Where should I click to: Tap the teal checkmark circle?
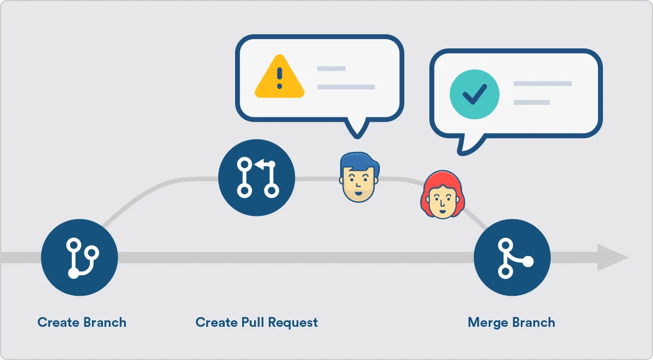pos(474,94)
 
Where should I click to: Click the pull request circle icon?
pos(256,177)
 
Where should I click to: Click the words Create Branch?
pos(82,322)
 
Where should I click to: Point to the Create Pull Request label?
pos(256,322)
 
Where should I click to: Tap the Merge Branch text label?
pos(512,322)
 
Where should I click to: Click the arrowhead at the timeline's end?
pos(612,258)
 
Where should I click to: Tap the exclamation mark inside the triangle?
pos(280,78)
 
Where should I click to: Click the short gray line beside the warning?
pos(331,69)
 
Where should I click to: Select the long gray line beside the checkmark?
pos(543,84)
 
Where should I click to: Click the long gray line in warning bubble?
pos(346,87)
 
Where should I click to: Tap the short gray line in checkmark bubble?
pos(532,102)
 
